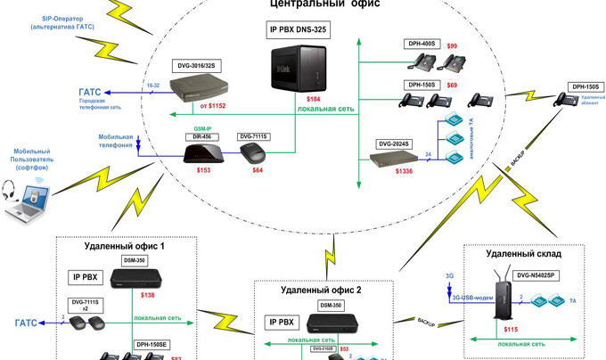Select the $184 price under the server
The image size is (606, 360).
(313, 98)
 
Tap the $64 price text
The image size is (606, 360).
(258, 169)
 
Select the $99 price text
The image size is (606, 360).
(452, 45)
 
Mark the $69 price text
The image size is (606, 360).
(452, 85)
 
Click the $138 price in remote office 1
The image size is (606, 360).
(148, 295)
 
